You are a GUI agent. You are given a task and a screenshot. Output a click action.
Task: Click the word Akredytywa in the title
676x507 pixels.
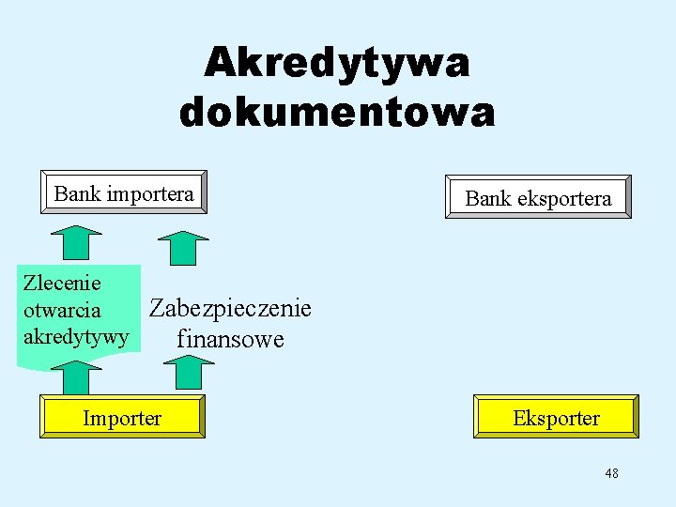click(337, 64)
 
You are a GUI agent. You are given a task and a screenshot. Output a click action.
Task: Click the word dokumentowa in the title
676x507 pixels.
click(337, 113)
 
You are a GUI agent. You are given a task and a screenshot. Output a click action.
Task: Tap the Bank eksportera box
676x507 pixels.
click(538, 197)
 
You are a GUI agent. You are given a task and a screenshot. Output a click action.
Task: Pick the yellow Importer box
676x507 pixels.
click(122, 417)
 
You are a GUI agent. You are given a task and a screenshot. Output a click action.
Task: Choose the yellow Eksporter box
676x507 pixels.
click(556, 417)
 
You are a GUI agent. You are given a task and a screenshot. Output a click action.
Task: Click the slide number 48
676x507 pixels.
click(611, 474)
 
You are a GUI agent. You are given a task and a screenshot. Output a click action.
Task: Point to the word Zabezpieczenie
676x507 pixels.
click(231, 308)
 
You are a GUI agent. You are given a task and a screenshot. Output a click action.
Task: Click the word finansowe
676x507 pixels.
click(230, 338)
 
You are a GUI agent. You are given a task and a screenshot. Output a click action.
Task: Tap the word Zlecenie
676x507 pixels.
click(62, 282)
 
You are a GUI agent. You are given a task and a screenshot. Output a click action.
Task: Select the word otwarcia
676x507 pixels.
click(62, 309)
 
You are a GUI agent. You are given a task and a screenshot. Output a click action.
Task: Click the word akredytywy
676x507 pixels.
click(75, 335)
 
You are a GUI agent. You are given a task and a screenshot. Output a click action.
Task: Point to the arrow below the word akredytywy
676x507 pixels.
click(74, 377)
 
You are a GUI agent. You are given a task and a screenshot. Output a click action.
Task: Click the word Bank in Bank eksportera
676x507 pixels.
click(487, 198)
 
